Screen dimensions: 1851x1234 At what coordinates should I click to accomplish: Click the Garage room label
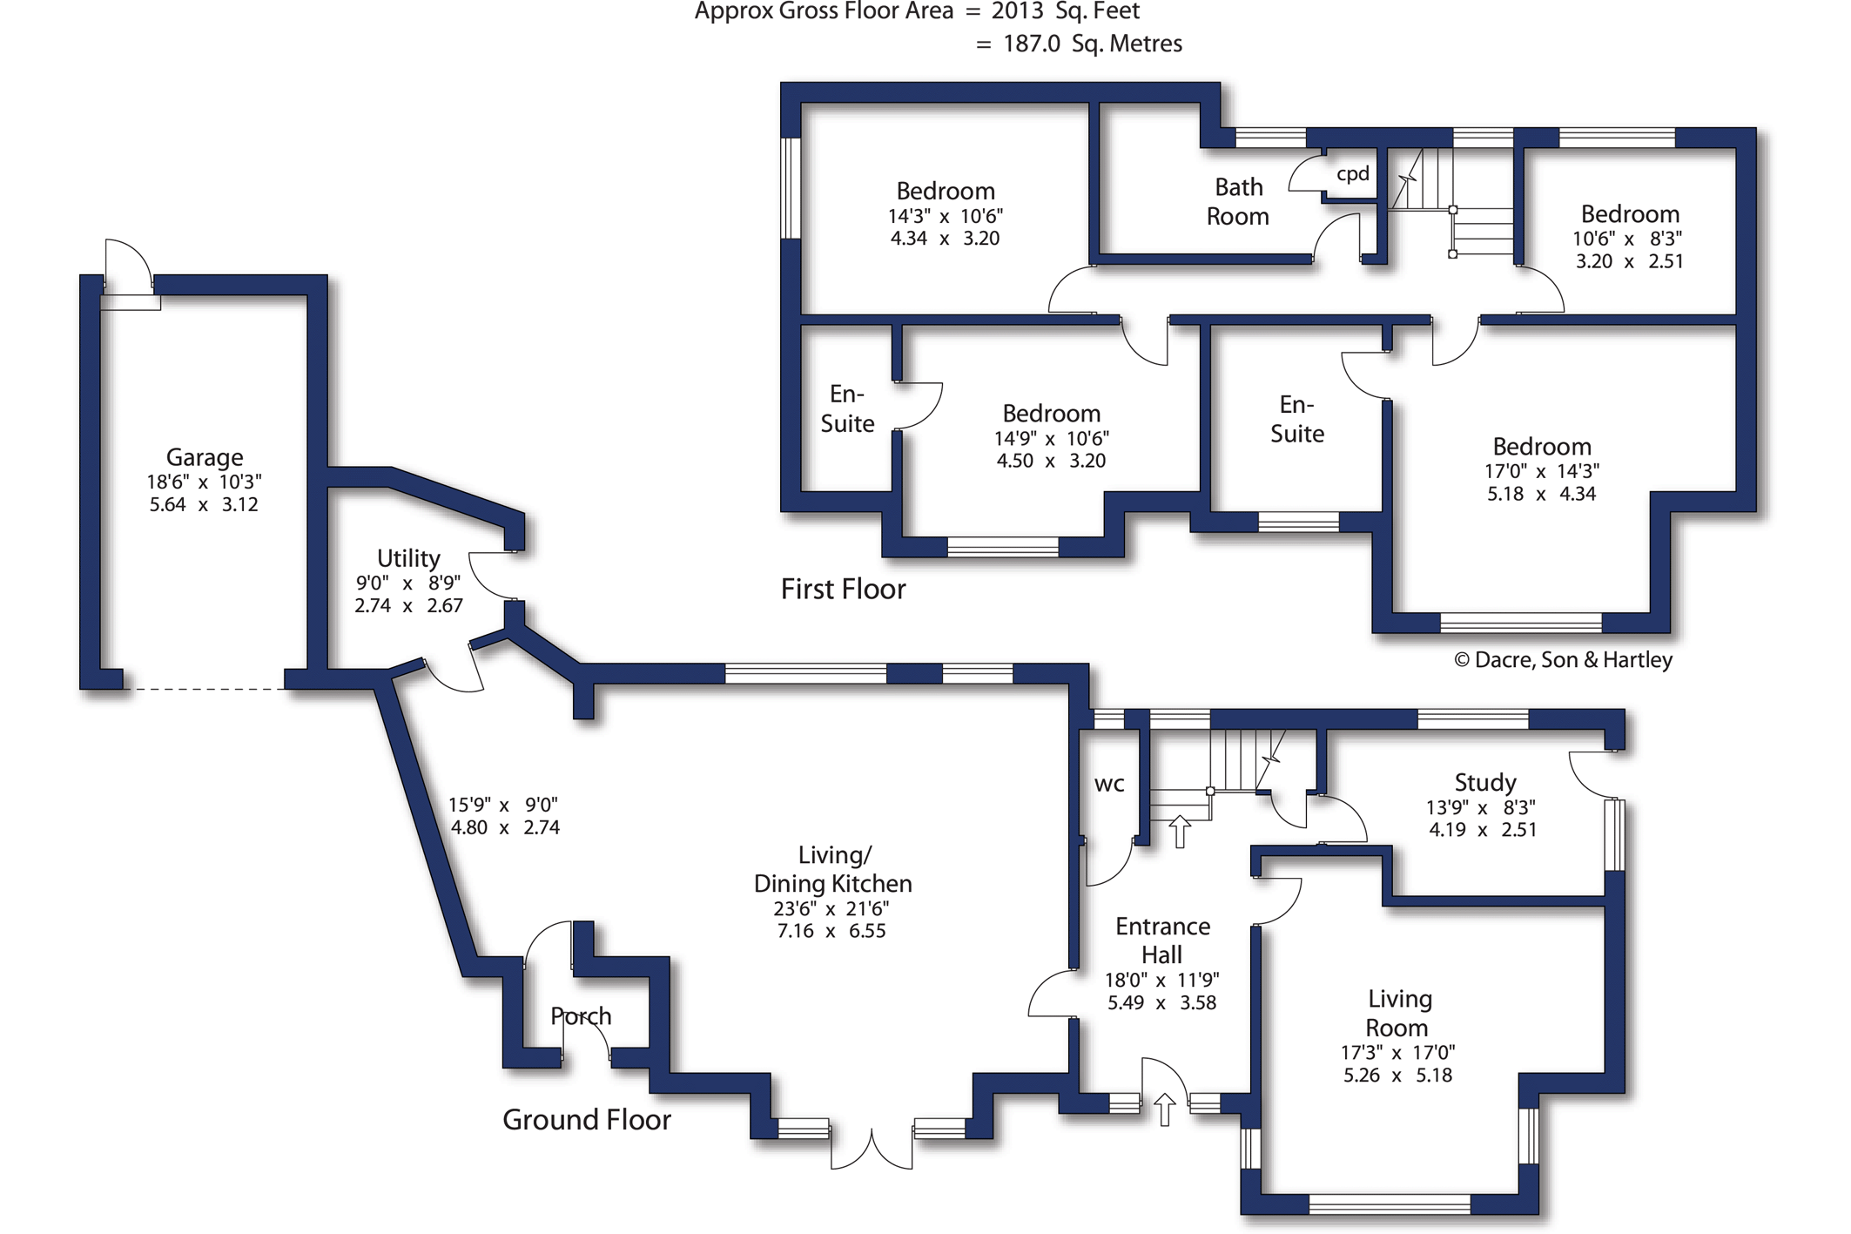205,457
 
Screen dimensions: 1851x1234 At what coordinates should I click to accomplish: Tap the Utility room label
408,558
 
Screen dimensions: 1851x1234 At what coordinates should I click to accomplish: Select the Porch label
581,1016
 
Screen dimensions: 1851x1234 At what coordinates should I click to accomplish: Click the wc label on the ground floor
1109,784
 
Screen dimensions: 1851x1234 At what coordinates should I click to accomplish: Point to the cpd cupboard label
1353,174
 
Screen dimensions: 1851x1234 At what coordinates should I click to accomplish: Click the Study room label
1485,783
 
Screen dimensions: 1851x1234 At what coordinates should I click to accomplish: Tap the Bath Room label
1238,201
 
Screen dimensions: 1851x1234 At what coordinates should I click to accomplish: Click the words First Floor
843,590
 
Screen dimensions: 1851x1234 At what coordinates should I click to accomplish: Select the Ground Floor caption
587,1119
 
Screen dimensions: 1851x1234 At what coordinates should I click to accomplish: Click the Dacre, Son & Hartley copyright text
1564,660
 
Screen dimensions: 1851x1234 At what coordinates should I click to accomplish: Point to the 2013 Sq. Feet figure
1066,11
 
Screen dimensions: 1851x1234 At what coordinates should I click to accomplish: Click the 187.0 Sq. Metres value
1093,44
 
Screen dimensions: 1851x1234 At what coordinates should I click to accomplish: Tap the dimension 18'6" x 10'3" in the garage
204,482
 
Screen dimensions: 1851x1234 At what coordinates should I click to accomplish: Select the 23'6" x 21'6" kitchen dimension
831,908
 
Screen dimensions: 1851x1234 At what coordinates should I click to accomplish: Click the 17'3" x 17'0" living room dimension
1397,1053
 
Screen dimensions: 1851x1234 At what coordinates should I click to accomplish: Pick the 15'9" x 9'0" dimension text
503,805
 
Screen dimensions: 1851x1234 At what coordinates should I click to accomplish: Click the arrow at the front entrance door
1165,1109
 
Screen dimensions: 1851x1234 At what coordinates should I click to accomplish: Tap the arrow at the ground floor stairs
1180,832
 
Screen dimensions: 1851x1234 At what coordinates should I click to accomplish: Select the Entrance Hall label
1162,941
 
